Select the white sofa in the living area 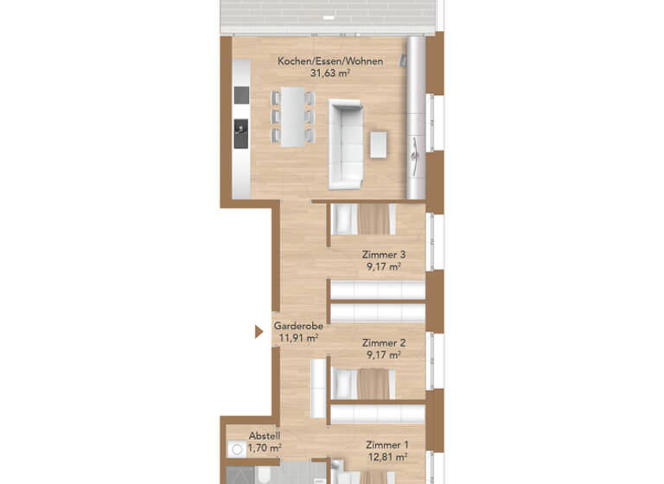coord(346,143)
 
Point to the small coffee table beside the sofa coord(380,143)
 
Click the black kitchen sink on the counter coord(240,131)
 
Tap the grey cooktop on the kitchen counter coord(240,94)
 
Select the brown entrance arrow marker coord(259,331)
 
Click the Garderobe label coord(298,327)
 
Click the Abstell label coord(264,436)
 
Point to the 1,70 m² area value coord(264,448)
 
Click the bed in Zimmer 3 coord(363,220)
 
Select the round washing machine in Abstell coord(233,450)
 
